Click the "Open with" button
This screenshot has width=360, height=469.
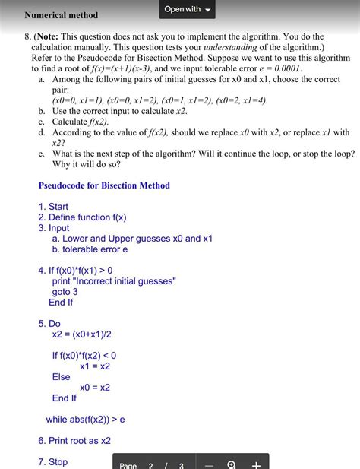tap(187, 9)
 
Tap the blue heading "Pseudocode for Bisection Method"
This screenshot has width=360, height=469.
tap(104, 185)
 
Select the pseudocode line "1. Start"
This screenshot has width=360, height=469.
tap(53, 206)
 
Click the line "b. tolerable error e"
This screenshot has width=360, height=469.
tap(90, 249)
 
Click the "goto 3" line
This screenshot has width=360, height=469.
tap(65, 292)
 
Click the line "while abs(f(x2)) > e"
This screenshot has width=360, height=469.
tap(85, 419)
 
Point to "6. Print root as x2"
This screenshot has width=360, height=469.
tap(74, 440)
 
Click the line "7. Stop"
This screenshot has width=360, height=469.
tap(53, 461)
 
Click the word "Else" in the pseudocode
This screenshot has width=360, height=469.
tap(62, 376)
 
